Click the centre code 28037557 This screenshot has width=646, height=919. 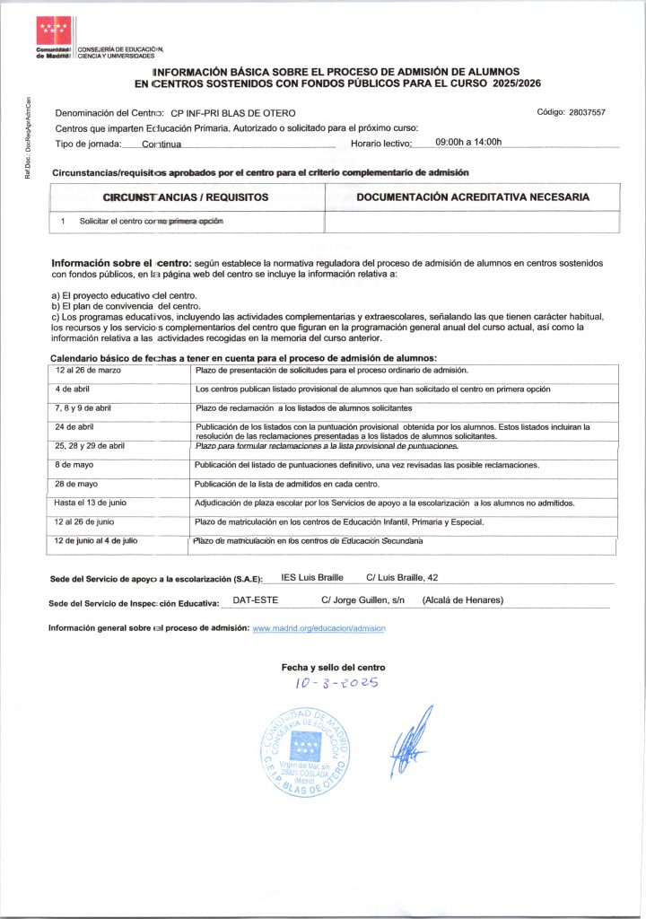pyautogui.click(x=584, y=112)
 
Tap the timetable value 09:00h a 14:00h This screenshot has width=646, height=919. pyautogui.click(x=468, y=142)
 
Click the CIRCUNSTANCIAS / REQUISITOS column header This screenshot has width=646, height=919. pyautogui.click(x=187, y=197)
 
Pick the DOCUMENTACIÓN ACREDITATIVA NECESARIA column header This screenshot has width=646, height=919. pyautogui.click(x=472, y=197)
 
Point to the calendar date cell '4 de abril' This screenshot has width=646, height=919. pyautogui.click(x=72, y=389)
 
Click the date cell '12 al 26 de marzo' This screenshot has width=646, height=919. pyautogui.click(x=88, y=370)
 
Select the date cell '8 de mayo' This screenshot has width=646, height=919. pyautogui.click(x=75, y=465)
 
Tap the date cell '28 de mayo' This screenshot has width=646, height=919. pyautogui.click(x=77, y=484)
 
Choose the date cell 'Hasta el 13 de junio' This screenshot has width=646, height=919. pyautogui.click(x=93, y=503)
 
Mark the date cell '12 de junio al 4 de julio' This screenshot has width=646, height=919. pyautogui.click(x=96, y=540)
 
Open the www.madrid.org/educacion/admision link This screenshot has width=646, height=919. pyautogui.click(x=319, y=628)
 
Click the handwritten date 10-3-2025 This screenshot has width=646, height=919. pyautogui.click(x=336, y=683)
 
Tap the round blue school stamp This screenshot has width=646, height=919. pyautogui.click(x=306, y=750)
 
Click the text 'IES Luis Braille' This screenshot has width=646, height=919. pyautogui.click(x=312, y=577)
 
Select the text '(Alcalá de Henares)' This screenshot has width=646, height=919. pyautogui.click(x=462, y=600)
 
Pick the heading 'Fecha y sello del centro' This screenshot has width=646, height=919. pyautogui.click(x=333, y=667)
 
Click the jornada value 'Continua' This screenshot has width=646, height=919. pyautogui.click(x=161, y=144)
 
